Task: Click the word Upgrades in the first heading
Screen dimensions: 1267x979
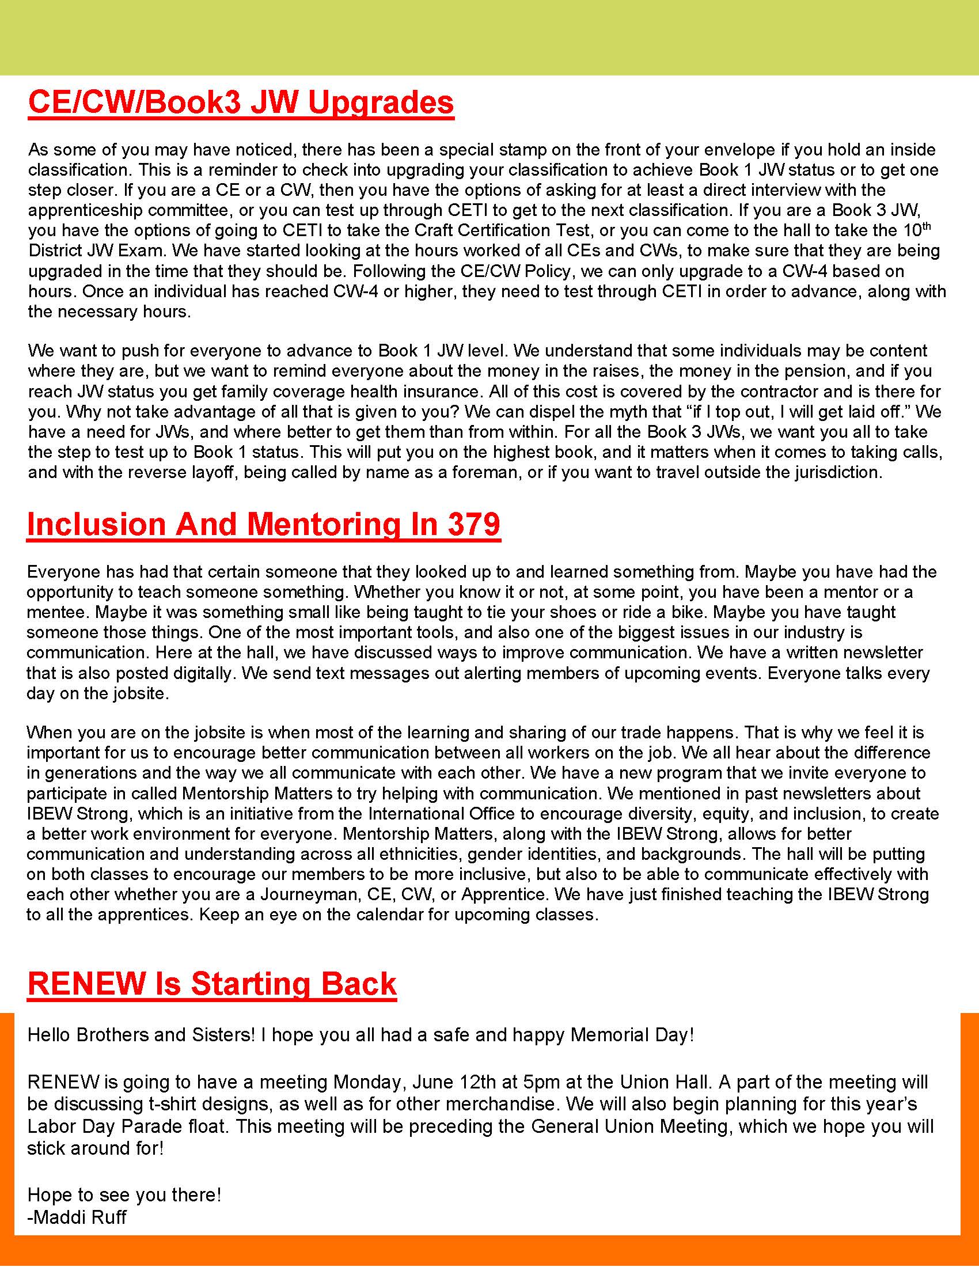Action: [x=380, y=103]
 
